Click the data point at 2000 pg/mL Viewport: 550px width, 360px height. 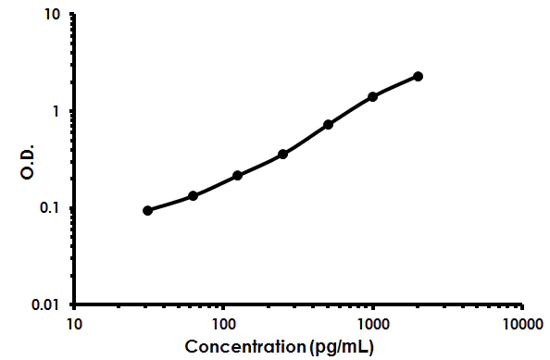pyautogui.click(x=418, y=76)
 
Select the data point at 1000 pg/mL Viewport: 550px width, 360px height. pyautogui.click(x=373, y=96)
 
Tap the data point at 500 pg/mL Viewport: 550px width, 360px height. pyautogui.click(x=328, y=124)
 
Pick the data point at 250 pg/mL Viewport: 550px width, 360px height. pyautogui.click(x=282, y=154)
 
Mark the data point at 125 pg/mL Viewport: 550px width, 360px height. pyautogui.click(x=238, y=175)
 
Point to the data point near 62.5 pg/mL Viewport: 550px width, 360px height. pyautogui.click(x=193, y=195)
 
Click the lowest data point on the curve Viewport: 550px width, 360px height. pyautogui.click(x=148, y=210)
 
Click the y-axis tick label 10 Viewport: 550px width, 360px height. pyautogui.click(x=53, y=16)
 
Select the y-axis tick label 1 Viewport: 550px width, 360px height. pyautogui.click(x=57, y=112)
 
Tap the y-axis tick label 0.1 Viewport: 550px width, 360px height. pyautogui.click(x=50, y=208)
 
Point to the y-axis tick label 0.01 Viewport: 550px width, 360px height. pyautogui.click(x=46, y=304)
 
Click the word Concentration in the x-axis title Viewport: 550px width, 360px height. pyautogui.click(x=245, y=347)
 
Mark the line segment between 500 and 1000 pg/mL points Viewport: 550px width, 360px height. pyautogui.click(x=351, y=110)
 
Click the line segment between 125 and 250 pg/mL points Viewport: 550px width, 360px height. pyautogui.click(x=260, y=165)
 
